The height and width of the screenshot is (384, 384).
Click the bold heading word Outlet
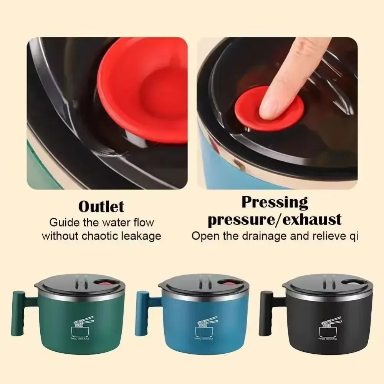point(101,207)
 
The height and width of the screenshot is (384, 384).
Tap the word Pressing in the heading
point(275,202)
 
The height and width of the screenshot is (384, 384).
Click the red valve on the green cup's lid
point(104,285)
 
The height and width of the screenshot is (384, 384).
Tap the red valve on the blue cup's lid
point(228,285)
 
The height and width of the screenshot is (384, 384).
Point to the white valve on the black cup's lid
point(351,285)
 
